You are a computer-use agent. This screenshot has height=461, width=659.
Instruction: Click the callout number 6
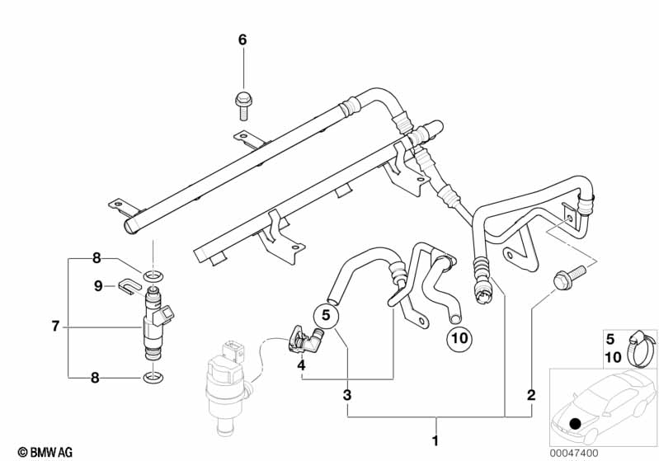(242, 40)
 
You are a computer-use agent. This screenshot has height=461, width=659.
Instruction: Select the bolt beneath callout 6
(242, 106)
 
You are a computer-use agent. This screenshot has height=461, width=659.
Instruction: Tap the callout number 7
(55, 326)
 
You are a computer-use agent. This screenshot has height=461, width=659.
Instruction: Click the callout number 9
(98, 286)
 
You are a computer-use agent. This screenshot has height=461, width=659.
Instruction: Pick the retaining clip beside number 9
(129, 286)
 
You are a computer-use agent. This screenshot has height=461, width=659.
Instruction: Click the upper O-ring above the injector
(153, 276)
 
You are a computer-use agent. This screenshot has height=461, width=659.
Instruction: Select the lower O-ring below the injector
(153, 378)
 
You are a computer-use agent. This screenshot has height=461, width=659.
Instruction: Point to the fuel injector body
(157, 322)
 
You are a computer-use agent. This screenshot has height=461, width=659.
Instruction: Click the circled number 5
(326, 315)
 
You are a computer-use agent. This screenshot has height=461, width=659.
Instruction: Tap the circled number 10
(459, 338)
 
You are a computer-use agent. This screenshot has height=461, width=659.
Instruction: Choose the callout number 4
(301, 365)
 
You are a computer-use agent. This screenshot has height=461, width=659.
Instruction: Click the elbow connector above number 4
(305, 339)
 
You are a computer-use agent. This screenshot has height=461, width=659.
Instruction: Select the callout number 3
(346, 395)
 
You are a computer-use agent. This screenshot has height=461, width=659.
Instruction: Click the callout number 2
(531, 395)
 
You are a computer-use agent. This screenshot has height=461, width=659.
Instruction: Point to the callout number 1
(435, 441)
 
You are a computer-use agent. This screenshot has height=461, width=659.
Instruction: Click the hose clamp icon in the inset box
(642, 347)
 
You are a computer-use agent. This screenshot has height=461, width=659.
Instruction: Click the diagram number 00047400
(574, 453)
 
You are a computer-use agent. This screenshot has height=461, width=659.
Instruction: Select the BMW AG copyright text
(45, 452)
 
